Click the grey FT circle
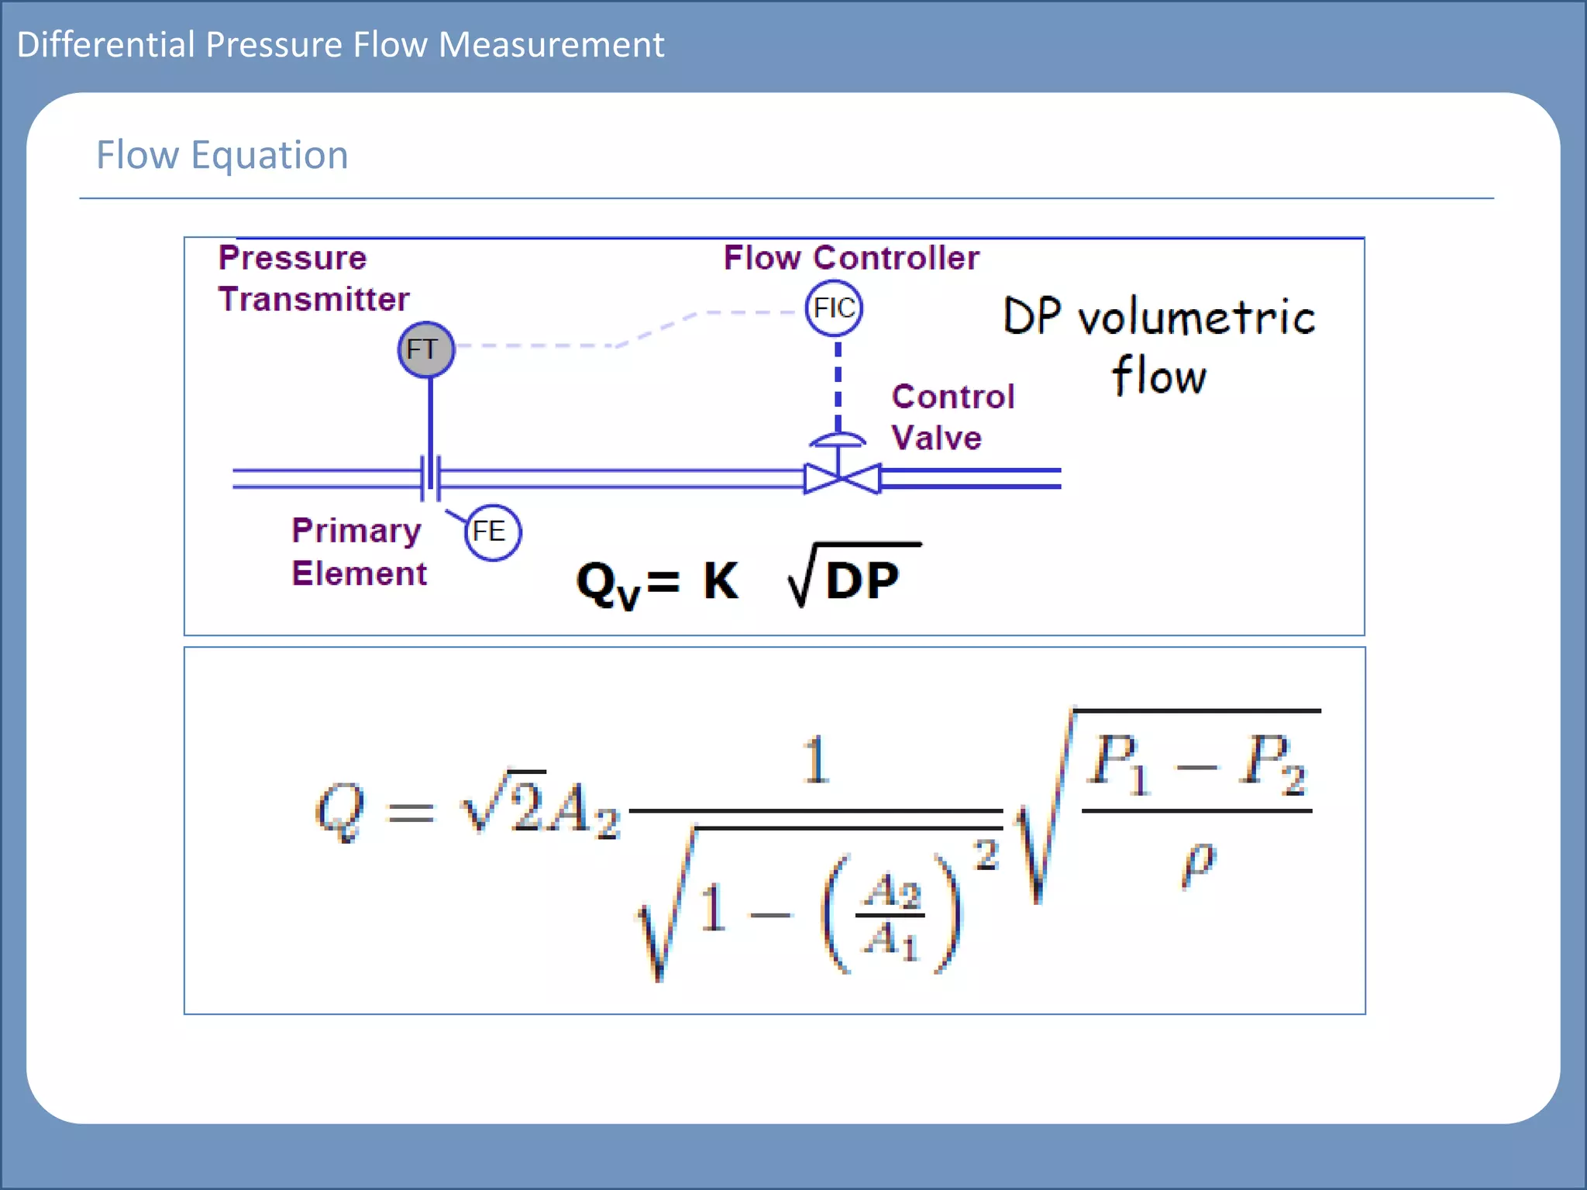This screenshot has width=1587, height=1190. click(x=425, y=349)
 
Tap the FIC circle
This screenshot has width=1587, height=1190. click(x=834, y=308)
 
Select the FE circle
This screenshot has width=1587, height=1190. click(x=492, y=532)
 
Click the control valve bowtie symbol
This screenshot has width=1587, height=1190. click(x=842, y=479)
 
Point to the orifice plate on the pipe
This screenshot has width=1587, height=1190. click(x=431, y=477)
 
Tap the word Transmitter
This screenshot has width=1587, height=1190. click(x=314, y=300)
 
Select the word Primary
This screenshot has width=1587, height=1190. click(x=356, y=531)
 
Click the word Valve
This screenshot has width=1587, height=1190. click(x=936, y=439)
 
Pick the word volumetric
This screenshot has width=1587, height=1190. click(x=1197, y=318)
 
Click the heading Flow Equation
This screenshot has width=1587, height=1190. click(x=222, y=155)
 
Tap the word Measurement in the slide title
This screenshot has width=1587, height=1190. click(x=551, y=45)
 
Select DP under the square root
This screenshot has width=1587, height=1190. click(x=862, y=580)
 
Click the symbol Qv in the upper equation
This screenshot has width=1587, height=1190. click(x=608, y=584)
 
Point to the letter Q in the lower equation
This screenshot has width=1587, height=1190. click(x=339, y=810)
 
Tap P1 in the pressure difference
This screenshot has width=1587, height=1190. click(x=1117, y=764)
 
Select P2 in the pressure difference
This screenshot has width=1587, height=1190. click(x=1272, y=764)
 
